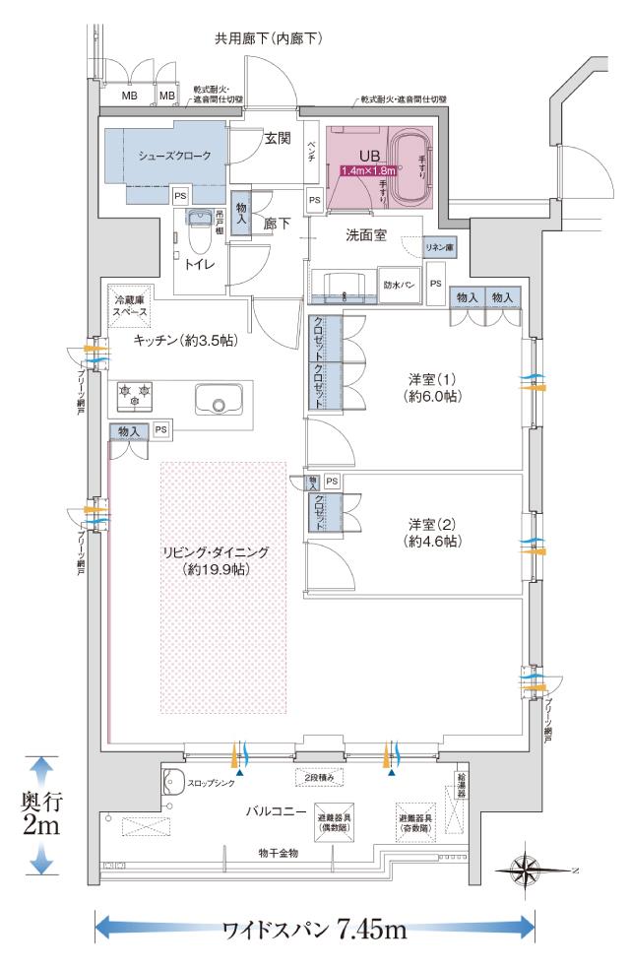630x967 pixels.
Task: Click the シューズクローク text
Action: coord(174,156)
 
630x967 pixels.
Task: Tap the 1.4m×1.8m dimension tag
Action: coord(368,170)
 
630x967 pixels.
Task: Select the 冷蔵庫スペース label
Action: coord(131,305)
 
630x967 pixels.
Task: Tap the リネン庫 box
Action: coord(437,248)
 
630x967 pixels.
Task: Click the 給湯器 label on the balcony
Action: coord(460,784)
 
